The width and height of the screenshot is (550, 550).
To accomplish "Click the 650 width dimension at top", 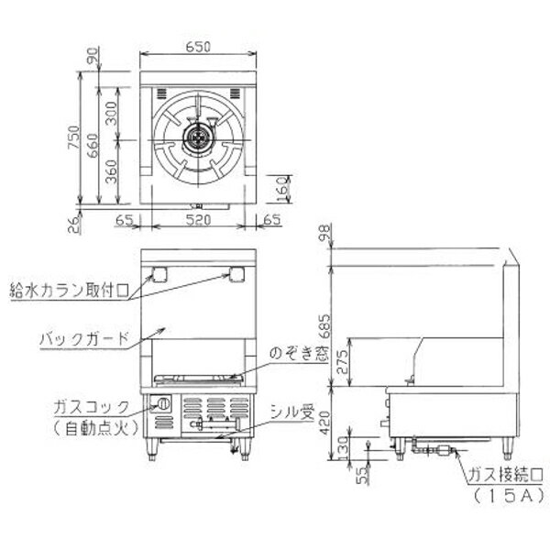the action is coord(198,47).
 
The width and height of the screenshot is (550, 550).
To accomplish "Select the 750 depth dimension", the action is coord(74,137).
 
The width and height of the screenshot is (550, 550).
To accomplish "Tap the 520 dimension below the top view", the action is coord(198,220).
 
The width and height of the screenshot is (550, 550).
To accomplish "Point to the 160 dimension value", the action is coord(281,189).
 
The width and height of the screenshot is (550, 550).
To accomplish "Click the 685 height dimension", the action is coord(324,325).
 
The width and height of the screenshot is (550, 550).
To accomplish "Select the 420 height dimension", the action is coord(324,423).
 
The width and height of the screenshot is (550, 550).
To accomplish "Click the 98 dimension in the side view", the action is coord(324,233).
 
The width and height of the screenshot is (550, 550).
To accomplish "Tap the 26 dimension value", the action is coord(74,225).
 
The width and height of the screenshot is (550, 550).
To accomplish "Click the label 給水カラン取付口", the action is coord(70,291).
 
